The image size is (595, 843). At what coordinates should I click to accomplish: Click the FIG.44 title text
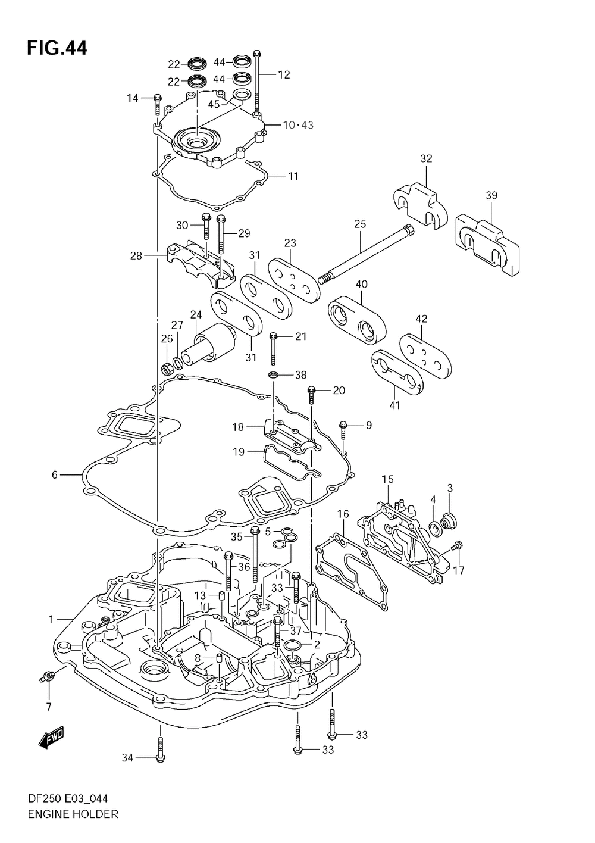57,49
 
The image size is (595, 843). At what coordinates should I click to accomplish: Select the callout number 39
491,195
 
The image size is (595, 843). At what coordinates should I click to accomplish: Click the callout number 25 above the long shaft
360,224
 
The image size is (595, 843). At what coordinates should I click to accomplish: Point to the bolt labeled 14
158,105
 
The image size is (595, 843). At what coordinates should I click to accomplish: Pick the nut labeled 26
166,370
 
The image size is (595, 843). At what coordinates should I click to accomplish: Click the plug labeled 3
448,521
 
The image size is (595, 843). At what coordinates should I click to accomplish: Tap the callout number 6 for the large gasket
55,475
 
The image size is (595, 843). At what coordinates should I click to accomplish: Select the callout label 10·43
298,125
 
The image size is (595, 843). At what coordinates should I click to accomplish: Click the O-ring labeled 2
293,646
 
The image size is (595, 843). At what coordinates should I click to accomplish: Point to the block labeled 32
420,206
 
